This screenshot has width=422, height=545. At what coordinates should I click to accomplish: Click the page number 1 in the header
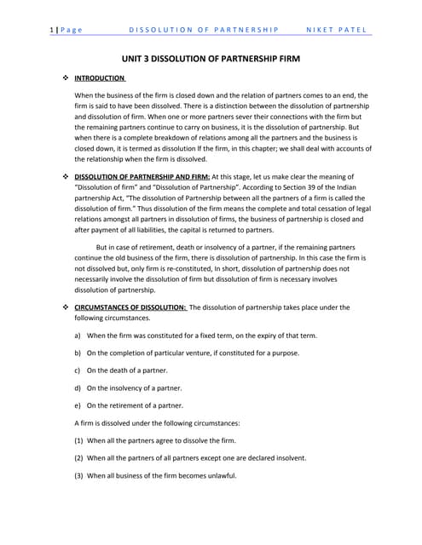[x=54, y=31]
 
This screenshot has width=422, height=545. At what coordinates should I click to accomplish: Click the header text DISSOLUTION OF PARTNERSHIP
[x=204, y=31]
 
